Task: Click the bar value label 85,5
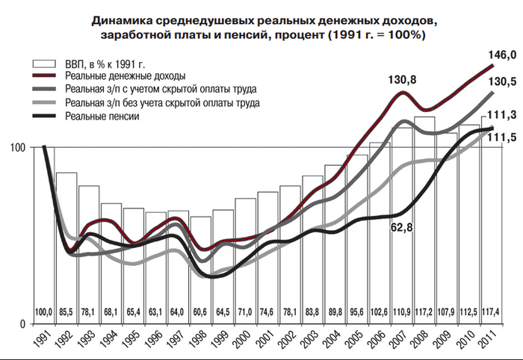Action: (x=66, y=310)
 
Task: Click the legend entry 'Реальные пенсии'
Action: (x=103, y=116)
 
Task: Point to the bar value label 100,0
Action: (x=44, y=310)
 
